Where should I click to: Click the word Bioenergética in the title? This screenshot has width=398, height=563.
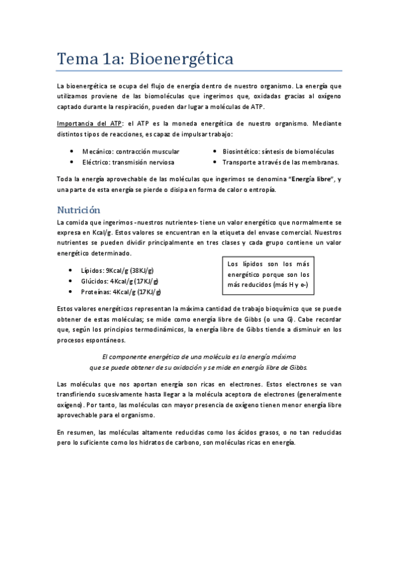[181, 59]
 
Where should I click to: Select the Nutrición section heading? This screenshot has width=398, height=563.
[78, 210]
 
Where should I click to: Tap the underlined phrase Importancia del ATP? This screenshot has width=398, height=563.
[90, 123]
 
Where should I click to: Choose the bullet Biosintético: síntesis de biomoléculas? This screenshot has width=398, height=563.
[278, 151]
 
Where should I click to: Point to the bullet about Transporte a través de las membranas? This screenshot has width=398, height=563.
[280, 162]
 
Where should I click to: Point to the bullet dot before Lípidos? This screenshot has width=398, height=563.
[71, 271]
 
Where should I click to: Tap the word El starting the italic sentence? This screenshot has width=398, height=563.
[106, 357]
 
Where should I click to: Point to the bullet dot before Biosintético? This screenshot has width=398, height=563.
[215, 151]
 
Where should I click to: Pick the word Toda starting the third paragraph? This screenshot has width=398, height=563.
[65, 179]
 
